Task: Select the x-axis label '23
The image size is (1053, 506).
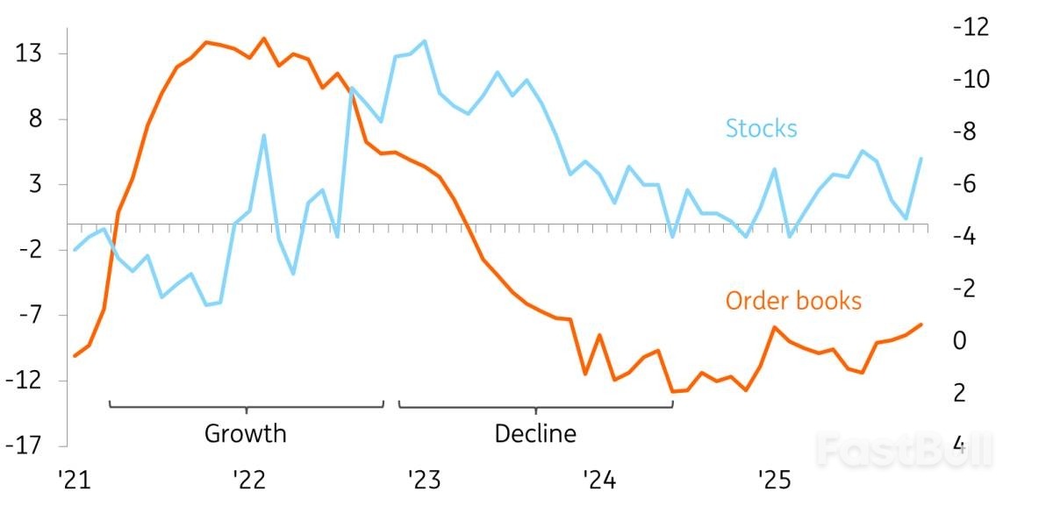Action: click(x=422, y=480)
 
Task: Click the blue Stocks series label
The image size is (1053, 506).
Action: click(x=761, y=128)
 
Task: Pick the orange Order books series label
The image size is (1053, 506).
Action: click(x=793, y=301)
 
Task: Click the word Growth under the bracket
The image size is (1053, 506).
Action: click(x=245, y=433)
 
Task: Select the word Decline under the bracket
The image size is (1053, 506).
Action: click(x=535, y=433)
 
